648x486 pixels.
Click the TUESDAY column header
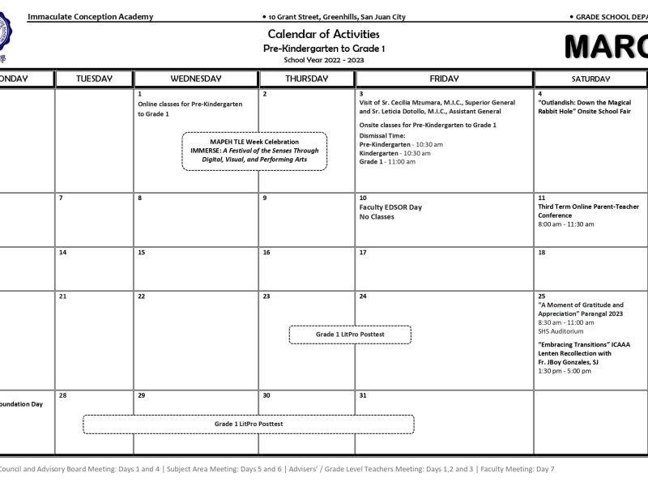94,79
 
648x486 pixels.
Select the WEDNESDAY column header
196,79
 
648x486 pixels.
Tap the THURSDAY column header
306,79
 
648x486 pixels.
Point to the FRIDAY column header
444,79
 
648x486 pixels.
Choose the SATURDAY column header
590,79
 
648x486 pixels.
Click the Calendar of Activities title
323,34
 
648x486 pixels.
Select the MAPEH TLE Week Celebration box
254,151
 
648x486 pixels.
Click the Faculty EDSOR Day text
390,207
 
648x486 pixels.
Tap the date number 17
363,253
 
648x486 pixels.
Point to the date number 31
363,395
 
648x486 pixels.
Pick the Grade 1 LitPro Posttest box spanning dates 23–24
350,335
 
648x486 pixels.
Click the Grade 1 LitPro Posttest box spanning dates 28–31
248,424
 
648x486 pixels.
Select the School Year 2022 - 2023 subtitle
323,60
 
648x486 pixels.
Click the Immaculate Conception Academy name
90,17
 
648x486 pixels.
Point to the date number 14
62,253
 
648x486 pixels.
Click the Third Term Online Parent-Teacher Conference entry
588,211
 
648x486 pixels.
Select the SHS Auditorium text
561,330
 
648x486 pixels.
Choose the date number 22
141,296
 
